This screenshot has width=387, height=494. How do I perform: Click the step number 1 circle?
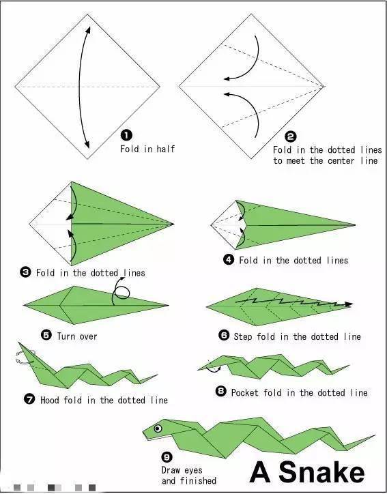point(126,136)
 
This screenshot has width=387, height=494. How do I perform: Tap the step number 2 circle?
point(291,136)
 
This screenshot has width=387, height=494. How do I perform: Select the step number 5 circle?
point(46,334)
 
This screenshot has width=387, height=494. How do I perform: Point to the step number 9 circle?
point(167,456)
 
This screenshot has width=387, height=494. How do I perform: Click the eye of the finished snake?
point(158,428)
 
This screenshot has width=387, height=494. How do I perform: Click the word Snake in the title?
point(321,472)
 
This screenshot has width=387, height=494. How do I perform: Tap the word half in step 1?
point(165,148)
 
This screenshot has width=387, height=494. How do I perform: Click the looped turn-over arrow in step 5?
point(121,291)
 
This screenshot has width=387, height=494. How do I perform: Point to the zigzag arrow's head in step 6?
point(348,304)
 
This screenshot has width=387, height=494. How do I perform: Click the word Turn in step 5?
point(66,336)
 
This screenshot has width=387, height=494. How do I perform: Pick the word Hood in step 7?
point(49,400)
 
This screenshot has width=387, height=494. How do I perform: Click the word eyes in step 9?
point(193,470)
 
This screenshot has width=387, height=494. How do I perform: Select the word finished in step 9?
point(198,480)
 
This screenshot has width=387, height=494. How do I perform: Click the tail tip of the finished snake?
point(375,435)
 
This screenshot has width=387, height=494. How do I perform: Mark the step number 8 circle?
point(221,391)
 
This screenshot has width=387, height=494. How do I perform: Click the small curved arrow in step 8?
point(213,368)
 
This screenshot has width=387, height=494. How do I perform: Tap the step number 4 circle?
point(229,259)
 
